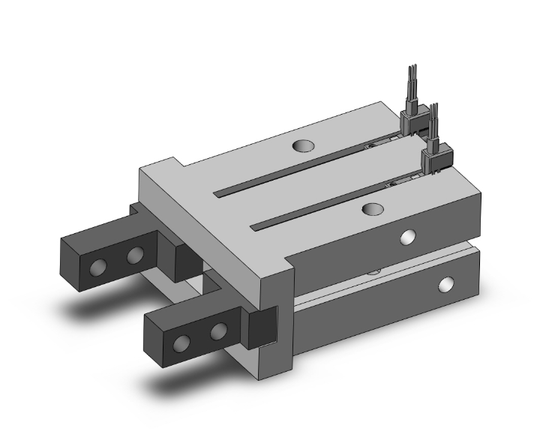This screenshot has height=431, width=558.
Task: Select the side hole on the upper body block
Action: click(407, 238)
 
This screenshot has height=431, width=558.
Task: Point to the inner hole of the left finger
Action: click(135, 256)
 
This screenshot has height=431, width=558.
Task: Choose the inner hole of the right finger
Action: click(218, 331)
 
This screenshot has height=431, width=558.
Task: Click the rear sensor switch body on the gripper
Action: click(412, 119)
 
